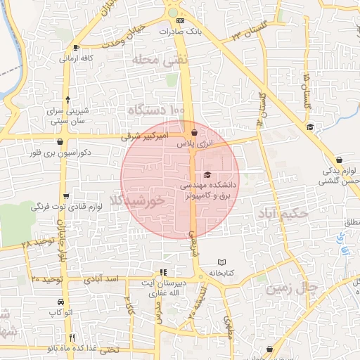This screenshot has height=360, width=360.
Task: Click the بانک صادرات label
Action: tap(184, 32)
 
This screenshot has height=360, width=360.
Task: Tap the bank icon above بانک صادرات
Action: tap(181, 22)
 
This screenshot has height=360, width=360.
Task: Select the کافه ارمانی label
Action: tap(77, 58)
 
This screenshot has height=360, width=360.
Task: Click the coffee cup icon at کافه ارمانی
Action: tap(76, 48)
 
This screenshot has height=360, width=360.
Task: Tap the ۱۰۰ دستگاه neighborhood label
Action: tap(156, 110)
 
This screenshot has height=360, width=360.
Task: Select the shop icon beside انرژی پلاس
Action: tap(193, 132)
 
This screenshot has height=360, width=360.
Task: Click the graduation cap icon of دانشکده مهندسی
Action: tap(207, 174)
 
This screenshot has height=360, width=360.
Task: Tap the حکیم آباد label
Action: tap(284, 213)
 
